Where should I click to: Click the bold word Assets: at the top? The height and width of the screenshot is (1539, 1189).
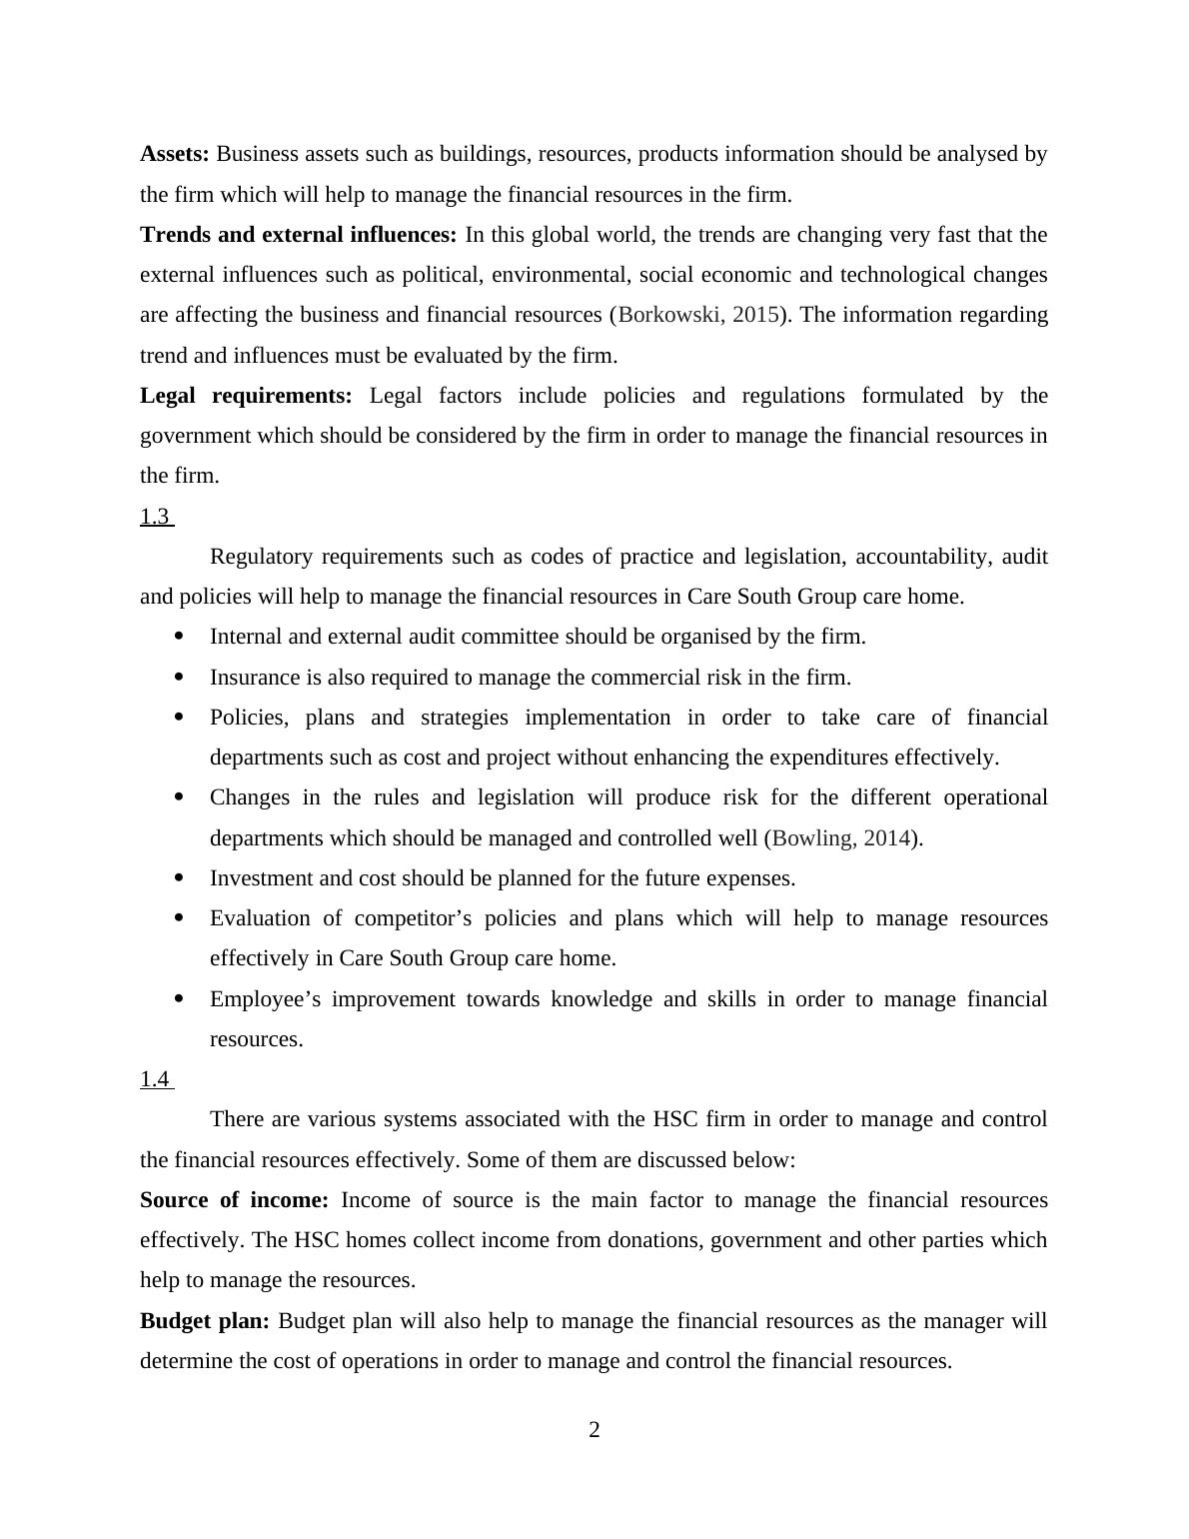click(x=175, y=154)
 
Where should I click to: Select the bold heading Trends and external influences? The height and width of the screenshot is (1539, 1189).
click(x=298, y=235)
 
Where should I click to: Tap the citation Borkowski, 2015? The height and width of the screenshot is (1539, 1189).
click(x=697, y=315)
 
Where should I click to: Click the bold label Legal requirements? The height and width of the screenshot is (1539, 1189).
click(x=246, y=396)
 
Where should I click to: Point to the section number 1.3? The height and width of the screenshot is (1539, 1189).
click(x=155, y=517)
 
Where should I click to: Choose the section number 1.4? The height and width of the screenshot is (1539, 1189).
click(x=155, y=1079)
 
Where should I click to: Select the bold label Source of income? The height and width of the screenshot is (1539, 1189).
click(x=234, y=1200)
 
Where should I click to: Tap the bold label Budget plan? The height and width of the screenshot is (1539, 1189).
click(x=205, y=1321)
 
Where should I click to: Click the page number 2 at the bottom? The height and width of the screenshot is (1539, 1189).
click(x=594, y=1430)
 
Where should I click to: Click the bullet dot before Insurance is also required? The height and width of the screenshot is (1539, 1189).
click(x=180, y=677)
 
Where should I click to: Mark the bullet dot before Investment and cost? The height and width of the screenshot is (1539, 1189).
click(x=180, y=877)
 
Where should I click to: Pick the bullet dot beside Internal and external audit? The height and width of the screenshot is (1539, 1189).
click(x=180, y=636)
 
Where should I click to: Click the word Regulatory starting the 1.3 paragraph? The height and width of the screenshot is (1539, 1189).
click(x=262, y=557)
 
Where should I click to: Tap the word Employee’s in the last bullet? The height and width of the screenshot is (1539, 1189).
click(x=265, y=999)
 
